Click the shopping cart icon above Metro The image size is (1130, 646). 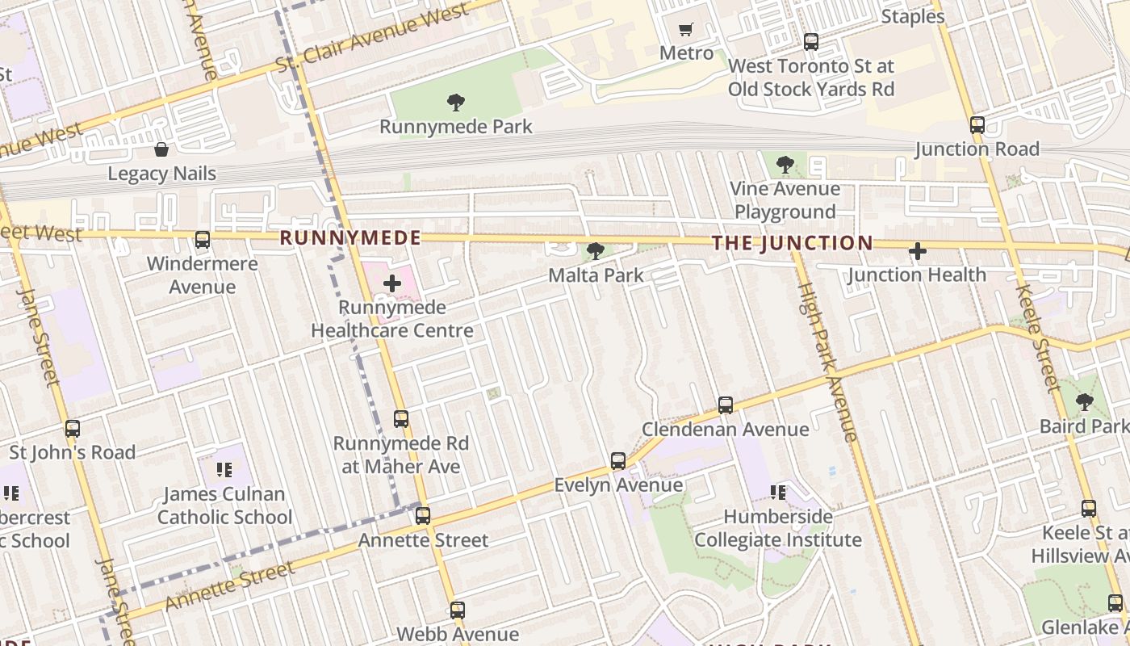[x=686, y=30]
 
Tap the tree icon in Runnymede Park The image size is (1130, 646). [x=456, y=103]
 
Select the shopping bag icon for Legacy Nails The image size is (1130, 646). [x=161, y=149]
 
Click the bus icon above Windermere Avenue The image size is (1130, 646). [x=203, y=240]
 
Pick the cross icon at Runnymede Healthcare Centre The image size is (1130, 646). [x=392, y=283]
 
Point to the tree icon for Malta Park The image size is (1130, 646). [x=596, y=251]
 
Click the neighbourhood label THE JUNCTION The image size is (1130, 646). [x=792, y=243]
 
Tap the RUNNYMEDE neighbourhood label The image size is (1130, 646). [x=350, y=238]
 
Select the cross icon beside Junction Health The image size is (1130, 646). [x=917, y=252]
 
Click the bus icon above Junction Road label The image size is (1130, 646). [x=977, y=125]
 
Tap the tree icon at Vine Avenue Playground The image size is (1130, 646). [x=785, y=166]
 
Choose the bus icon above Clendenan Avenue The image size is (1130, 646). [x=726, y=405]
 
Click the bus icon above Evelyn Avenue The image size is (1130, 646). [x=618, y=461]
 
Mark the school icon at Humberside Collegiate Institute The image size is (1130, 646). [x=778, y=492]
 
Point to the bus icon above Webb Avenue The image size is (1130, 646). [x=458, y=610]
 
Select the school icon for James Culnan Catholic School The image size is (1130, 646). [x=224, y=469]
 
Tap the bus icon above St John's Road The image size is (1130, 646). [x=73, y=429]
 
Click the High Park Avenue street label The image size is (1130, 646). [x=827, y=362]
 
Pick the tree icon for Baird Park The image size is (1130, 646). [x=1085, y=401]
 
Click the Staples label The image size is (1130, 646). [x=913, y=16]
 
